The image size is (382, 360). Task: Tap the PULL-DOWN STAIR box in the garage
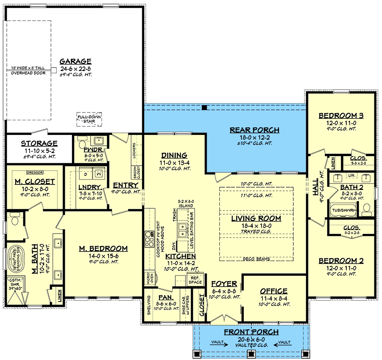(89, 119)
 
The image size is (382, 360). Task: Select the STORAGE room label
(39, 144)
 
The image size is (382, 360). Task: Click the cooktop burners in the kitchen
(149, 237)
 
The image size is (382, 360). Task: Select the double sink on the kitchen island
(182, 229)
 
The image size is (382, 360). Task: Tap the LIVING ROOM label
(256, 218)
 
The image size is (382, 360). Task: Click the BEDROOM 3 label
(341, 115)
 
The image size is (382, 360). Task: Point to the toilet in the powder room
(82, 139)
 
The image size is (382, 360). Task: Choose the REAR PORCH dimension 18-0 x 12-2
(254, 137)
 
